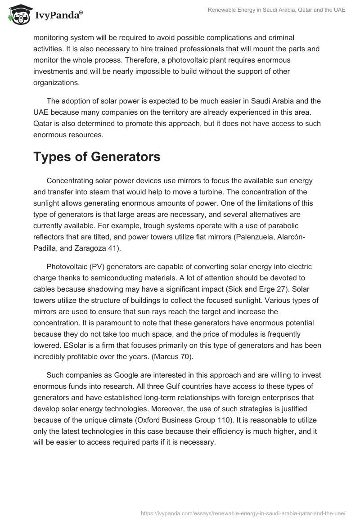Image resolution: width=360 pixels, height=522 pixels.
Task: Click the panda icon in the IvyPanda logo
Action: pos(18,15)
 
